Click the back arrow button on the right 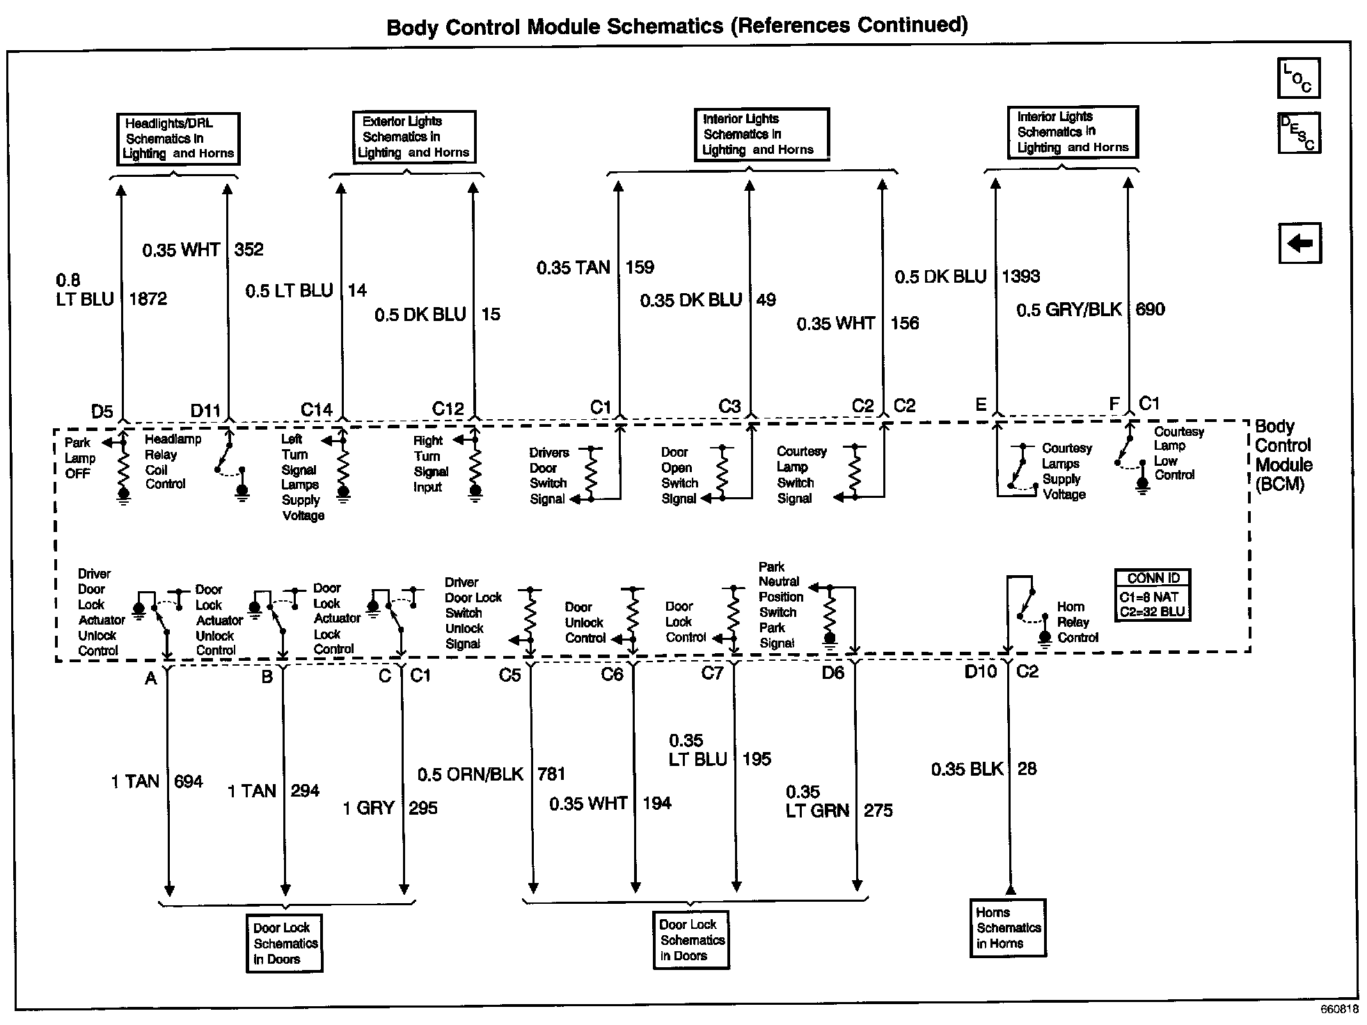1299,244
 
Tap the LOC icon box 1298,78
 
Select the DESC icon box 1299,133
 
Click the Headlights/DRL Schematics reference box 177,139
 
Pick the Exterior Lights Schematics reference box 413,137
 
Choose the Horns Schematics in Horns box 1008,928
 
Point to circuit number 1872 148,299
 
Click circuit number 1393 1020,276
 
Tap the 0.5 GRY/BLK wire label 1068,310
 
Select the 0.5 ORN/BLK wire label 470,774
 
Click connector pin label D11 205,411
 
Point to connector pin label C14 316,409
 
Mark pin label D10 981,671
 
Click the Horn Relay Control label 1077,622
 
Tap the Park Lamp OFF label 79,458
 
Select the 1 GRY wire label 368,808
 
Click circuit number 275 878,811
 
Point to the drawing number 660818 1339,1010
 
